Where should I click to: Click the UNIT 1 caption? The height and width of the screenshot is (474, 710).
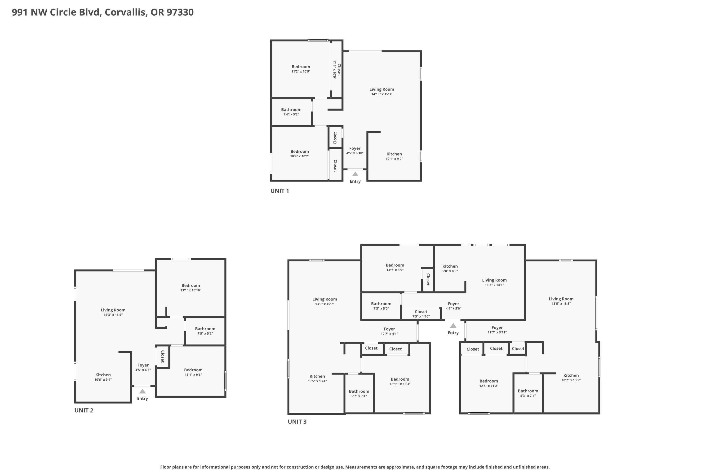point(280,191)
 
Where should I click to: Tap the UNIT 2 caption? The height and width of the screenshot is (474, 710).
point(84,410)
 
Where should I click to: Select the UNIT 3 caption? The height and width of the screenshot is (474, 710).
point(297,422)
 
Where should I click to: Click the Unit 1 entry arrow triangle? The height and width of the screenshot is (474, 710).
point(355,174)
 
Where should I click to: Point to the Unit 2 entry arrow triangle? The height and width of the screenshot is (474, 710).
point(142,391)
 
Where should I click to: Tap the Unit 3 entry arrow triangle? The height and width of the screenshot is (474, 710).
point(453,326)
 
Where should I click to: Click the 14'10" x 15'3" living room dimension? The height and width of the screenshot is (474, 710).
point(382,94)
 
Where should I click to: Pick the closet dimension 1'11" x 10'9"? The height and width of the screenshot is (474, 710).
point(334,69)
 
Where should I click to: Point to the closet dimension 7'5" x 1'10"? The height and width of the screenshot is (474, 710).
point(421,316)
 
